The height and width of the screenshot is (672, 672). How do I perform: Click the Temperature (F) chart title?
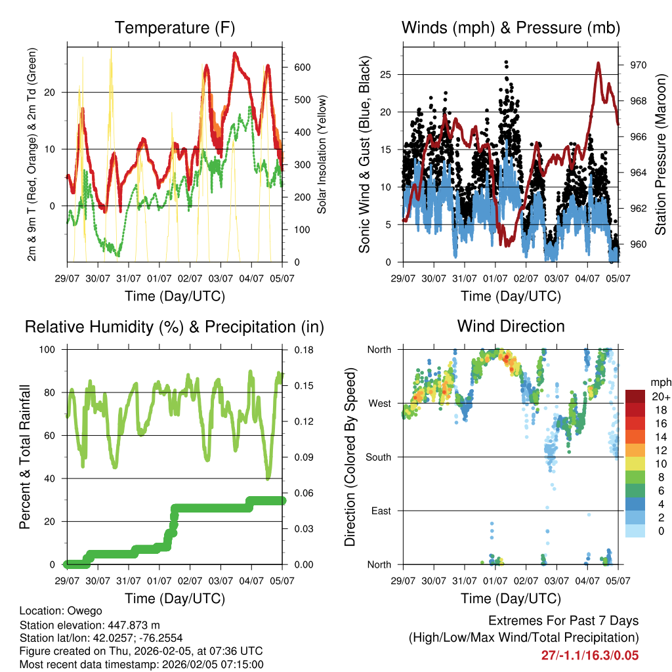175,28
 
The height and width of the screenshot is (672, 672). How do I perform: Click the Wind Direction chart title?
511,325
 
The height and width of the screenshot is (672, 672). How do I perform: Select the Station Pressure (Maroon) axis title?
660,154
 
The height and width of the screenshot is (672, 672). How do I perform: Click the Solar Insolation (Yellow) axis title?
322,154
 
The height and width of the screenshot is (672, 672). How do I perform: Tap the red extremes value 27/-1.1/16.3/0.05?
589,655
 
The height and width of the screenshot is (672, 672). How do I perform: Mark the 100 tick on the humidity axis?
51,350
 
